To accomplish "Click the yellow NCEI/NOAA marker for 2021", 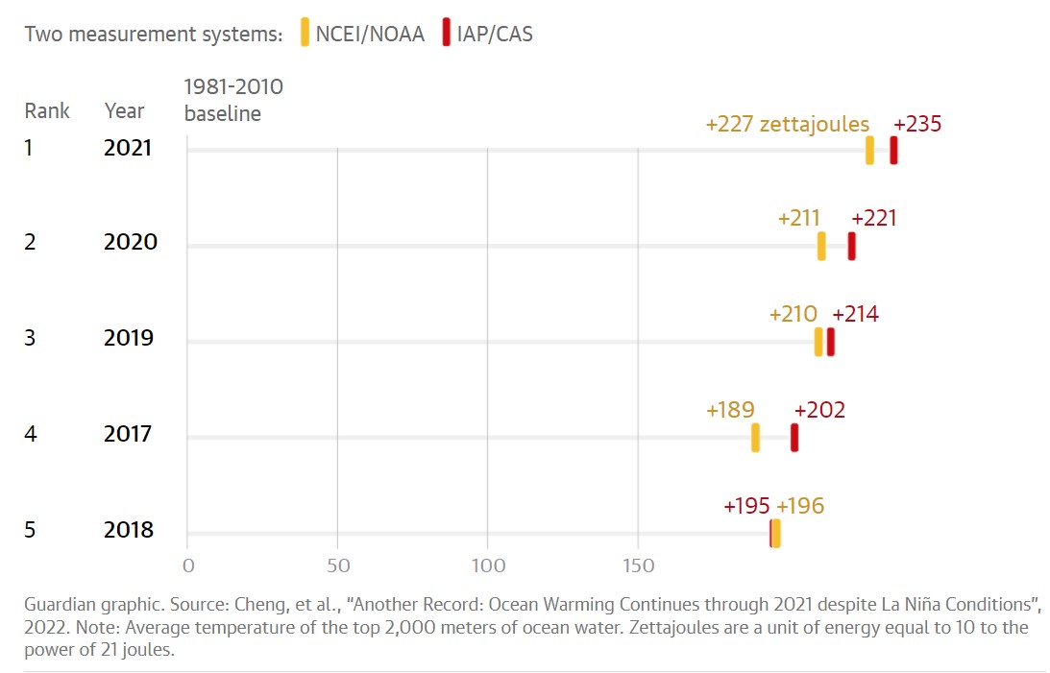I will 869,151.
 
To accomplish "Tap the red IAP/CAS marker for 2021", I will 893,151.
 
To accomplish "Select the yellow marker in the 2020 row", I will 821,246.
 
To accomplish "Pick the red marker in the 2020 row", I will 851,246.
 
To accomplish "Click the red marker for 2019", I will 831,342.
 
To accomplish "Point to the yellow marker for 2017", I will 755,438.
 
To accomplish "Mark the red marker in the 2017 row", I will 794,438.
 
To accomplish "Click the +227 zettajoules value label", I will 787,125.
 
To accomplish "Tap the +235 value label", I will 917,125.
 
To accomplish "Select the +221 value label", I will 874,218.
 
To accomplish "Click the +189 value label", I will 730,410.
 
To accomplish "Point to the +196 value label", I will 800,506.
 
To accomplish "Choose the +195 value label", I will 746,506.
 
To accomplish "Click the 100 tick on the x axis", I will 488,565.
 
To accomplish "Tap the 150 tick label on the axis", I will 638,565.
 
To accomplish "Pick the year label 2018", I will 129,531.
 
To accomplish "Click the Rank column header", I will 47,111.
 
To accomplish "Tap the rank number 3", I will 30,339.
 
